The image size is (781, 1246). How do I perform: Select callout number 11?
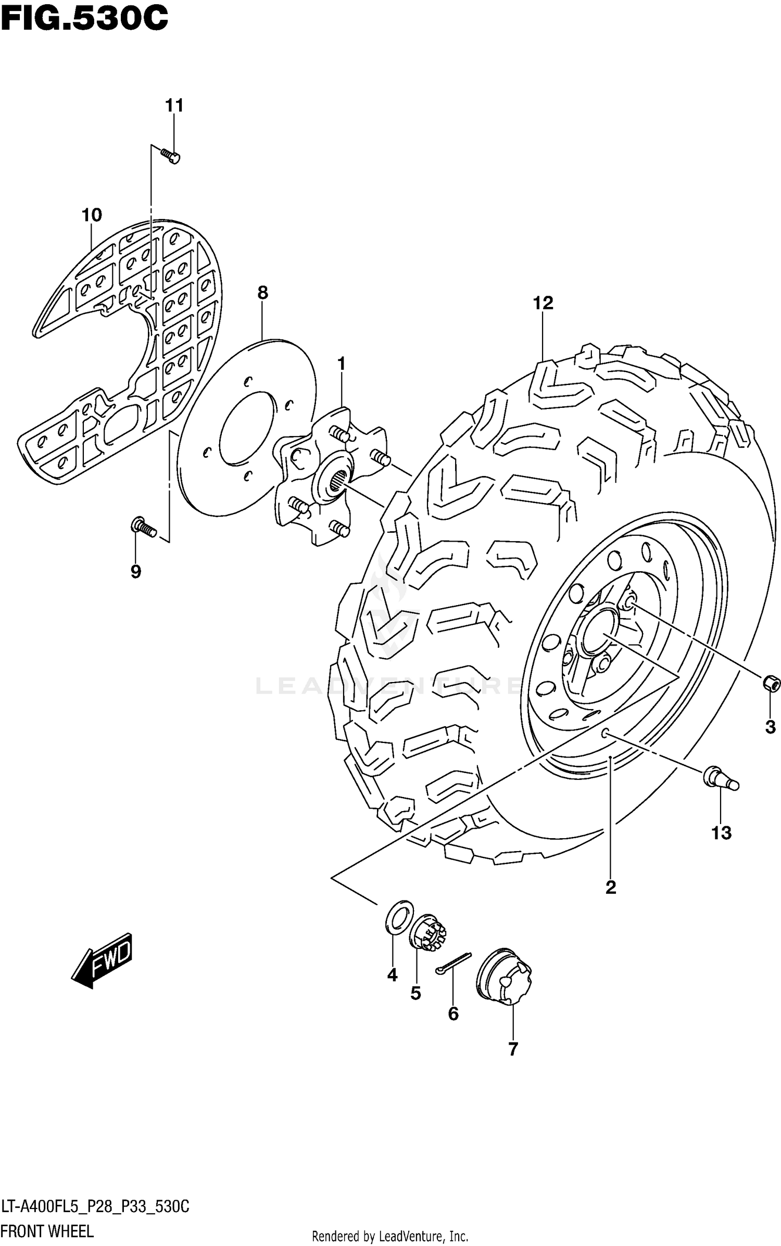[x=174, y=106]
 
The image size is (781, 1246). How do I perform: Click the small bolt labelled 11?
[x=171, y=156]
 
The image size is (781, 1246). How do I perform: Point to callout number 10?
[x=92, y=215]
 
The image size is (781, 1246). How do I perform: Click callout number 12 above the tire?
[x=543, y=303]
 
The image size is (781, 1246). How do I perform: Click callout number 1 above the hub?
[x=342, y=364]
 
